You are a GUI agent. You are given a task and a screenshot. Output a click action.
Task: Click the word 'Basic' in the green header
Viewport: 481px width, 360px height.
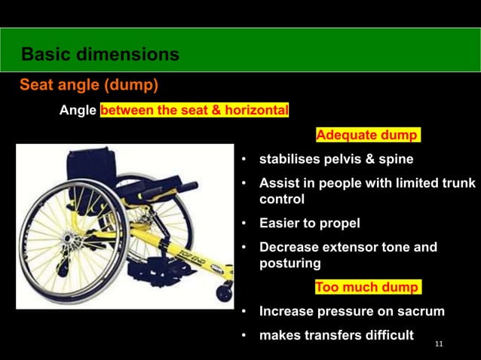47,54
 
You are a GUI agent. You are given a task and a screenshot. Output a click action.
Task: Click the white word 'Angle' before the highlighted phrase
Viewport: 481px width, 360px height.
78,111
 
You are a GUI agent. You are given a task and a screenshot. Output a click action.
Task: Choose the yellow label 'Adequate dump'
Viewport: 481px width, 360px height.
367,136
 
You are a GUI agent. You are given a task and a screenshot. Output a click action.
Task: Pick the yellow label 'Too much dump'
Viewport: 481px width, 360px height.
366,287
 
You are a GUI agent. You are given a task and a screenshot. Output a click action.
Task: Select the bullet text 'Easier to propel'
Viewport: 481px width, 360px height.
309,223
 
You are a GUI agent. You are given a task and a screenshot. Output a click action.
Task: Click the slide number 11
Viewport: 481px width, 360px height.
440,344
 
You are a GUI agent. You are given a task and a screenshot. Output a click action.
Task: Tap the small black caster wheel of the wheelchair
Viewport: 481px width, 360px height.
223,292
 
